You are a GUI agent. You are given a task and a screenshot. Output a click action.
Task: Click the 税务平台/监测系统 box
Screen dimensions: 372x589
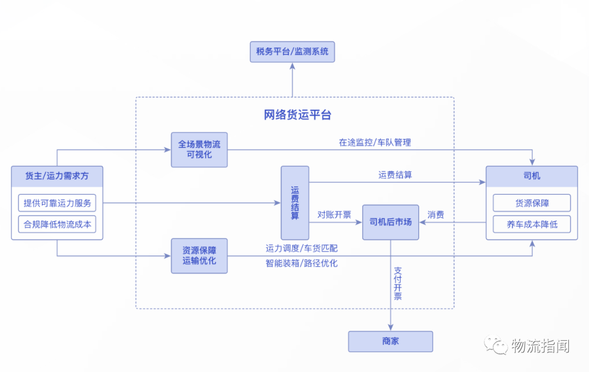tap(292, 52)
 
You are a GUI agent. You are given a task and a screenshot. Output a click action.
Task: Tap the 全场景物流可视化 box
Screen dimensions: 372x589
tap(199, 149)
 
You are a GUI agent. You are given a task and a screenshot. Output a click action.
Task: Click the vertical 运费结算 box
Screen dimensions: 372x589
tap(295, 203)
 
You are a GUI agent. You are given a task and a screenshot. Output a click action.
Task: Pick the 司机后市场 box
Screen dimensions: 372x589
tap(390, 222)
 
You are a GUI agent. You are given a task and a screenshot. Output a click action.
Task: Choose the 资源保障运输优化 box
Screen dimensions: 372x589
tap(199, 256)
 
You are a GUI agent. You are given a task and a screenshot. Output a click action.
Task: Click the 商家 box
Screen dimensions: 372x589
tap(390, 341)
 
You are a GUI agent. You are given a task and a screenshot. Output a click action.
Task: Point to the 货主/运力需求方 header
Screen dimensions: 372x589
tap(57, 176)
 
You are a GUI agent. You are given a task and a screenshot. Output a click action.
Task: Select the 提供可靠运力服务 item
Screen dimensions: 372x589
tap(57, 203)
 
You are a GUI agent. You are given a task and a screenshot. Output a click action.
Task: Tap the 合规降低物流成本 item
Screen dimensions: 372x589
tap(57, 224)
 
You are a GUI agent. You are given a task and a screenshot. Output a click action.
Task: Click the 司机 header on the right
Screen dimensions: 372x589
tap(532, 176)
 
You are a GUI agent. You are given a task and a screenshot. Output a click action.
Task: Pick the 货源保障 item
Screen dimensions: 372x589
tap(532, 203)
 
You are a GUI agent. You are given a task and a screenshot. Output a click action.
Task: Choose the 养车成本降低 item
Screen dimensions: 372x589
tap(532, 224)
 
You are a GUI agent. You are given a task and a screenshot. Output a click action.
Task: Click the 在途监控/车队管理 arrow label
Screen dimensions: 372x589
tap(375, 142)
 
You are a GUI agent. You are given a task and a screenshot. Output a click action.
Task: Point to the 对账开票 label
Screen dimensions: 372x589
tap(334, 214)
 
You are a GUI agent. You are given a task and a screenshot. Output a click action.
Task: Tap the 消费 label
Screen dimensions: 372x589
tap(436, 214)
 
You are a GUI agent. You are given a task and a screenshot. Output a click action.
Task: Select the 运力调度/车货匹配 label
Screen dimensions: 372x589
tap(302, 248)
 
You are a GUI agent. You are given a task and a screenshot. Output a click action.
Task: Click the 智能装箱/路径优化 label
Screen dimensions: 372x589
tap(302, 263)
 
